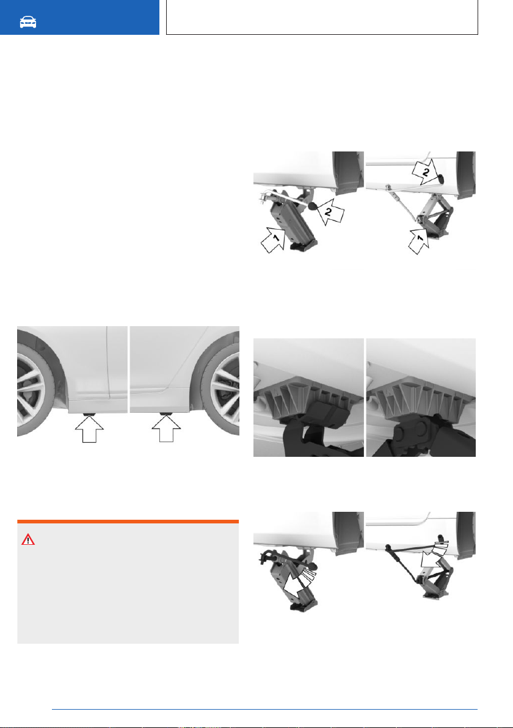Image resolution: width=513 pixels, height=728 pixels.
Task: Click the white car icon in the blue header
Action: coord(28,22)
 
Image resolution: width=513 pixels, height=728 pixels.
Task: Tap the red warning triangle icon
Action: coord(28,539)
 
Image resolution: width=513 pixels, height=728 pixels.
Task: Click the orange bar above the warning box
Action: coord(128,522)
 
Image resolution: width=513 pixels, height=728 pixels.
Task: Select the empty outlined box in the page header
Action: coord(322,17)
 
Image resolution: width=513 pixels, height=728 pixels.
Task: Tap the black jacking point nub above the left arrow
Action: coord(89,413)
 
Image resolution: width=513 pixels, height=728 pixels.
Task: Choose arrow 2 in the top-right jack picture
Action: coord(425,172)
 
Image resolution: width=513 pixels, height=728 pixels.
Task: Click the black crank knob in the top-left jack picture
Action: coord(313,206)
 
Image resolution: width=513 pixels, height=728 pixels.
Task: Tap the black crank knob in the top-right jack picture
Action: coord(440,178)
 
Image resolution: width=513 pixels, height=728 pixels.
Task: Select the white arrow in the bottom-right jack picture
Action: coord(432,554)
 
